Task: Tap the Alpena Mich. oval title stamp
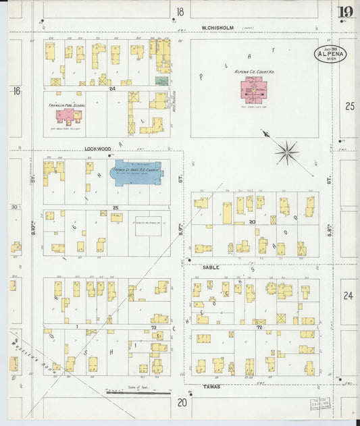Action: coord(330,55)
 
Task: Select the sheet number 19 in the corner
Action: coord(344,11)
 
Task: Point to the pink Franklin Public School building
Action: coord(66,115)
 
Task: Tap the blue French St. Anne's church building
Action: coord(137,172)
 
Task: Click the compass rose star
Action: coord(286,152)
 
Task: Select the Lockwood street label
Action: coord(97,149)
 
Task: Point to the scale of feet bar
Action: coord(136,391)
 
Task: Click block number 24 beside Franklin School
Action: coord(112,88)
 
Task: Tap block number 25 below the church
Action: coord(115,207)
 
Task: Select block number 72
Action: coord(259,327)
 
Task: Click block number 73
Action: coord(153,327)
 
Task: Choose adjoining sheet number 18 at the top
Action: coord(180,11)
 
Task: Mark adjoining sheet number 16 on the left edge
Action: coord(16,90)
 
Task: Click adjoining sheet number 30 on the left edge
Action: coord(14,207)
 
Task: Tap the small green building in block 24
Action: coord(161,80)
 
